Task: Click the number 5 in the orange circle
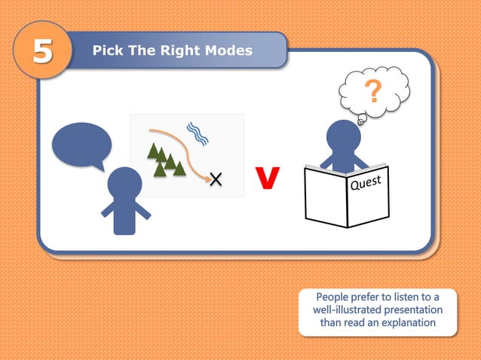pos(42,52)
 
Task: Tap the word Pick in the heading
pos(106,50)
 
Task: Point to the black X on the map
pos(216,178)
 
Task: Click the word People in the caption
pos(333,296)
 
